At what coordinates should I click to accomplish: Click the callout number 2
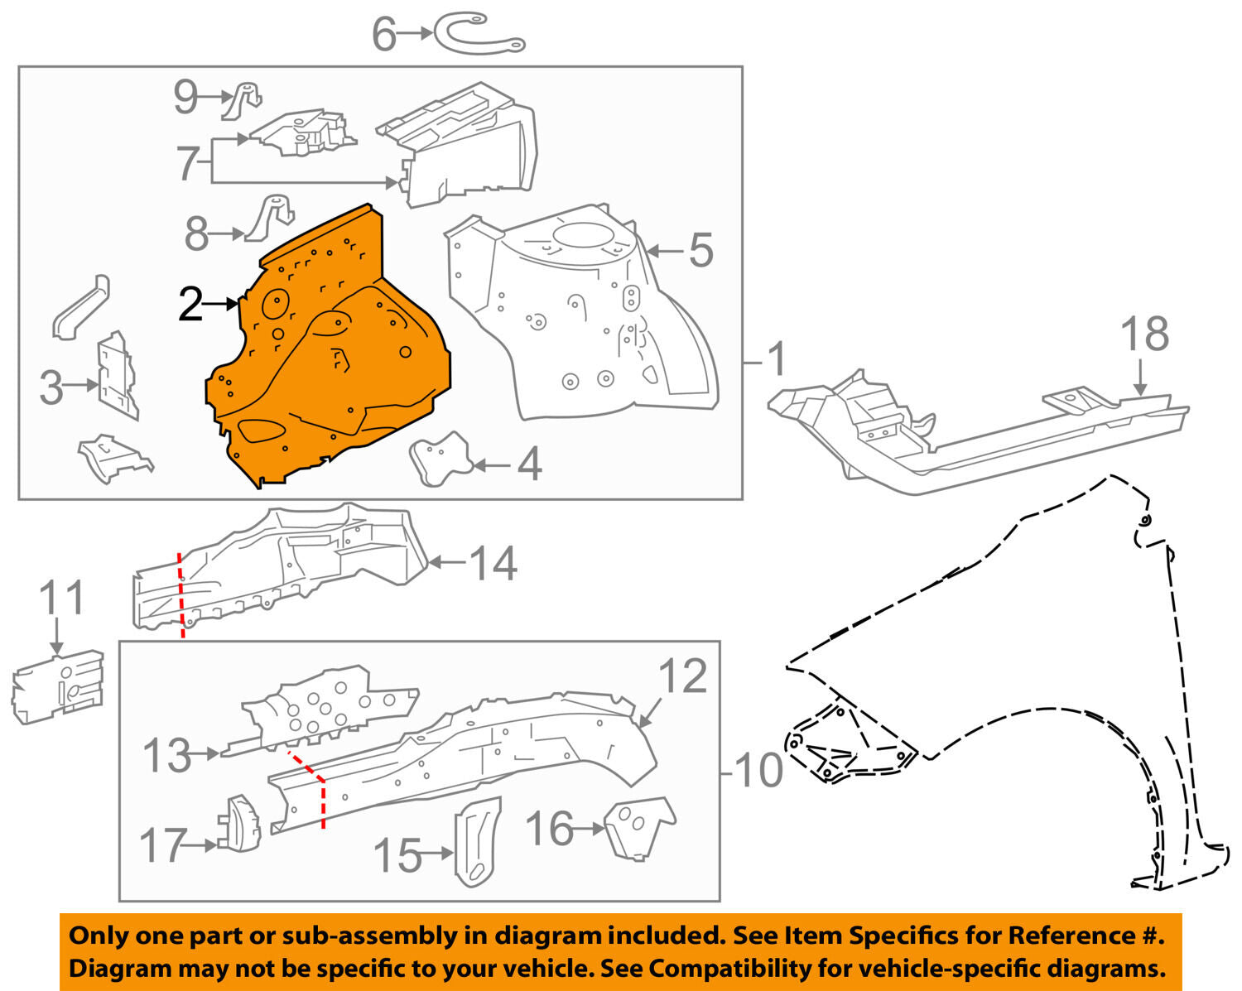point(190,304)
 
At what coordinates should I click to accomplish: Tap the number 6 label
point(384,34)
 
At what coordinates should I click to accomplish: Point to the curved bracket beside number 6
point(479,36)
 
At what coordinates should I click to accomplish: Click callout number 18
point(1145,334)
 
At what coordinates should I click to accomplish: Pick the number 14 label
point(493,563)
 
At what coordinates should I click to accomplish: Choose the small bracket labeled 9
point(242,101)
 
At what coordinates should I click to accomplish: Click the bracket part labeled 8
point(269,219)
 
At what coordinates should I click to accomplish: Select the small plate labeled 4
point(440,459)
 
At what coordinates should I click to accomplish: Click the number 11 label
point(62,598)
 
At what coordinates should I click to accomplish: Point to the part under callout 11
point(58,687)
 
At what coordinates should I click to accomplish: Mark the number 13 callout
point(166,755)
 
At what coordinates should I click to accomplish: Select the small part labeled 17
point(239,824)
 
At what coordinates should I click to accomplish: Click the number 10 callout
point(759,770)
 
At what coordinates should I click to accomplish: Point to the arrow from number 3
point(82,385)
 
